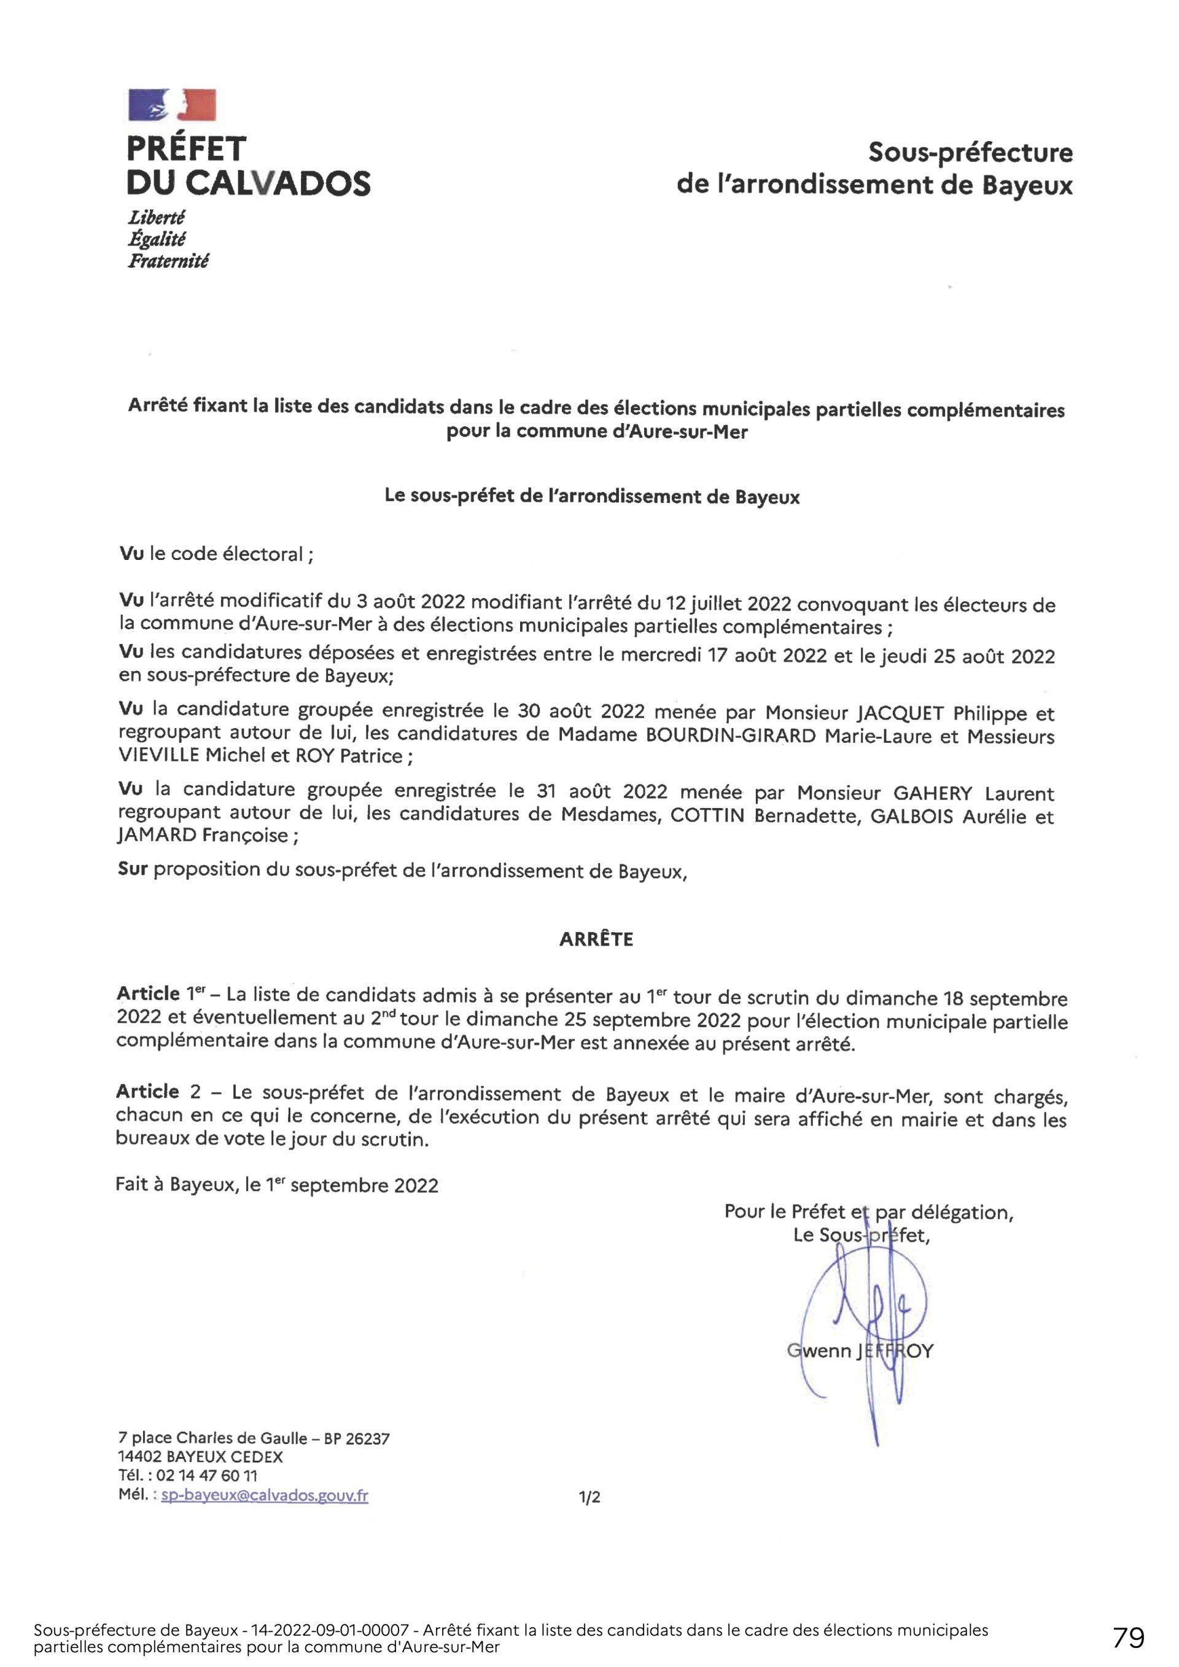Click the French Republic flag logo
(172, 104)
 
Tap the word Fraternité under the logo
(168, 262)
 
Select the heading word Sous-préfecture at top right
(971, 153)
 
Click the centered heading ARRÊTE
(596, 939)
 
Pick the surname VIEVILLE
(158, 756)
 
